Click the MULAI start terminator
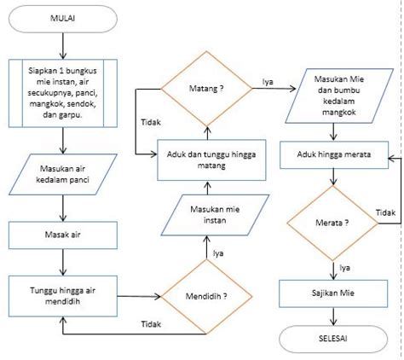61,18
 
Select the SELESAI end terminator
334,339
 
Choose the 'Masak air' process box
61,232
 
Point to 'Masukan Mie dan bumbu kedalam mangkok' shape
334,93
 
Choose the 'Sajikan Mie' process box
334,293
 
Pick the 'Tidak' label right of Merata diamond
385,212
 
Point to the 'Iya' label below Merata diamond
345,267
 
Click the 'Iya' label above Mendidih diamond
218,253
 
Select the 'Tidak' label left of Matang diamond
151,123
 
